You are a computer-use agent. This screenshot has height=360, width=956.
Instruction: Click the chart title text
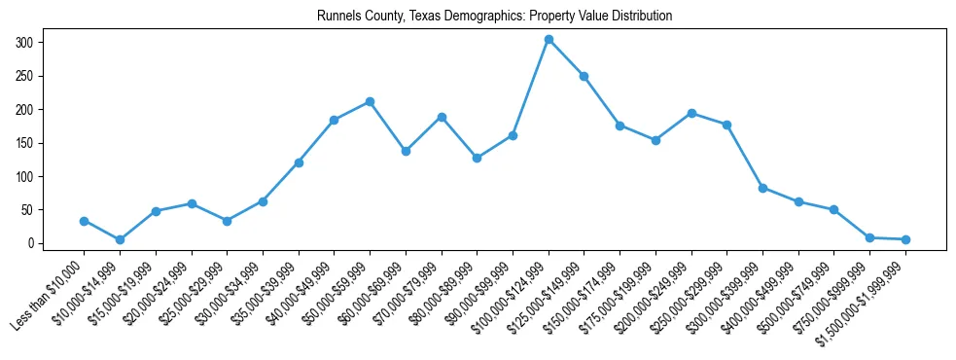coord(494,17)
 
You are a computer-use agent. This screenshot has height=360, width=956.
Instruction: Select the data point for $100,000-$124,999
coord(549,39)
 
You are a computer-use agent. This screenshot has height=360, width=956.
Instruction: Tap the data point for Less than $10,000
coord(84,221)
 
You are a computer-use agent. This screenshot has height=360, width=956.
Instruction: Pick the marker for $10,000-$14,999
coord(120,239)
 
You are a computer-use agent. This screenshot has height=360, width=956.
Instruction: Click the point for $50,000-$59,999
coord(370,101)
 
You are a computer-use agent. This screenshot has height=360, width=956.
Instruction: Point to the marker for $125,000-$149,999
coord(584,76)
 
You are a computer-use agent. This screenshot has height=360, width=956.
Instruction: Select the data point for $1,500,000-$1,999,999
coord(905,239)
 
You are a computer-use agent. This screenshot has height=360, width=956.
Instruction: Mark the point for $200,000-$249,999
coord(691,113)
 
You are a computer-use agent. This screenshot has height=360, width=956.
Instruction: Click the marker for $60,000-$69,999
coord(406,151)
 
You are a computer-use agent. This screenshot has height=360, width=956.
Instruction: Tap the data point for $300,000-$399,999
coord(762,188)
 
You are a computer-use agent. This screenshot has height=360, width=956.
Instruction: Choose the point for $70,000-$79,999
coord(442,117)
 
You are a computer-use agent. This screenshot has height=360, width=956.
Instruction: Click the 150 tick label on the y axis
coord(24,143)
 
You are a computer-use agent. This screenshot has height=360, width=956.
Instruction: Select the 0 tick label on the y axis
coord(30,243)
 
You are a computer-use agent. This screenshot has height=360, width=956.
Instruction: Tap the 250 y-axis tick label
coord(24,76)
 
